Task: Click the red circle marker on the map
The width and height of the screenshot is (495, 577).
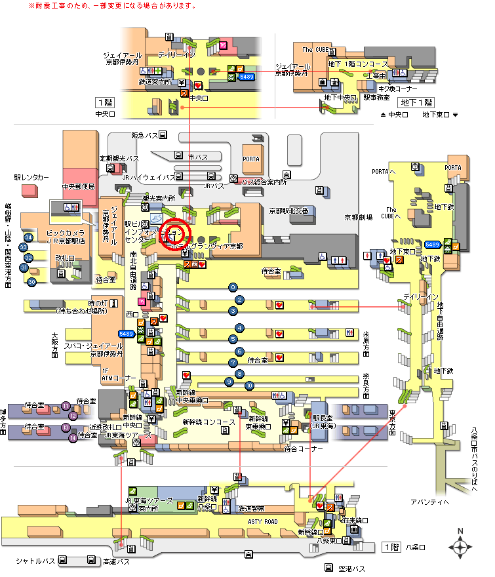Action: [175, 235]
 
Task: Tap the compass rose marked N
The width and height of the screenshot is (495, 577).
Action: [460, 546]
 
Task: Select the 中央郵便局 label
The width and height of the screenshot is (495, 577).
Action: [79, 186]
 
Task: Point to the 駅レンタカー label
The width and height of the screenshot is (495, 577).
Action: [31, 177]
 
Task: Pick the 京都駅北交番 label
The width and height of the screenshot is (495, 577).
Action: [288, 210]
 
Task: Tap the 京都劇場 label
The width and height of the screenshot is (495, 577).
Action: [359, 217]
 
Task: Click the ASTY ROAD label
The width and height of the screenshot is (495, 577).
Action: [262, 521]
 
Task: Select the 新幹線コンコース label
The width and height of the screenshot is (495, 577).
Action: [208, 422]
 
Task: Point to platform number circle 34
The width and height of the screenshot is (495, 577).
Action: [28, 237]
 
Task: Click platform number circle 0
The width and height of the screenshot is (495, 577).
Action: [232, 287]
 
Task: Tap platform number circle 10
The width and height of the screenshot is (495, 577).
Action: [249, 385]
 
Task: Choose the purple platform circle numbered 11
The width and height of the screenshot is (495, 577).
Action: [66, 406]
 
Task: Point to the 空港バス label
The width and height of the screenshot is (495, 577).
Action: [351, 568]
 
